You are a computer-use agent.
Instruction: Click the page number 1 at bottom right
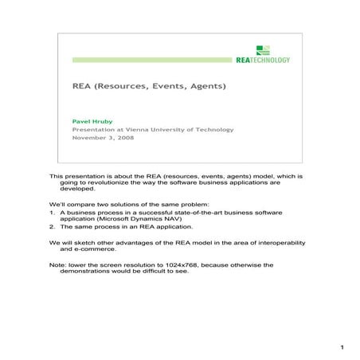341,347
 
